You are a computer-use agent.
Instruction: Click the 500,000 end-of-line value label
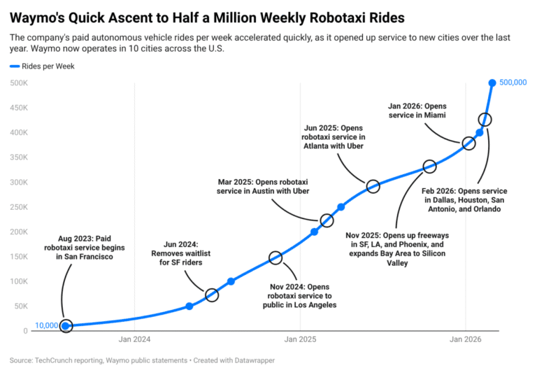point(513,83)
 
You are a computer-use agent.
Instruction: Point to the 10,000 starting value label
point(46,326)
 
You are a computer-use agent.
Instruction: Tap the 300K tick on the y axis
point(18,182)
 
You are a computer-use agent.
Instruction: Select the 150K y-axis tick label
point(18,257)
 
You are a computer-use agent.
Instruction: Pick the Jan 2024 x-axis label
point(135,340)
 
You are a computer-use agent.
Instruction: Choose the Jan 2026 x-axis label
point(466,340)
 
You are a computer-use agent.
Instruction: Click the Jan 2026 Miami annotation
point(417,111)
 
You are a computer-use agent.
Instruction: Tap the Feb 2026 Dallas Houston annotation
point(464,200)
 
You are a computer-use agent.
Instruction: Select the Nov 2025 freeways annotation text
point(397,249)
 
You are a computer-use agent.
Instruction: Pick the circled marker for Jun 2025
point(373,186)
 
